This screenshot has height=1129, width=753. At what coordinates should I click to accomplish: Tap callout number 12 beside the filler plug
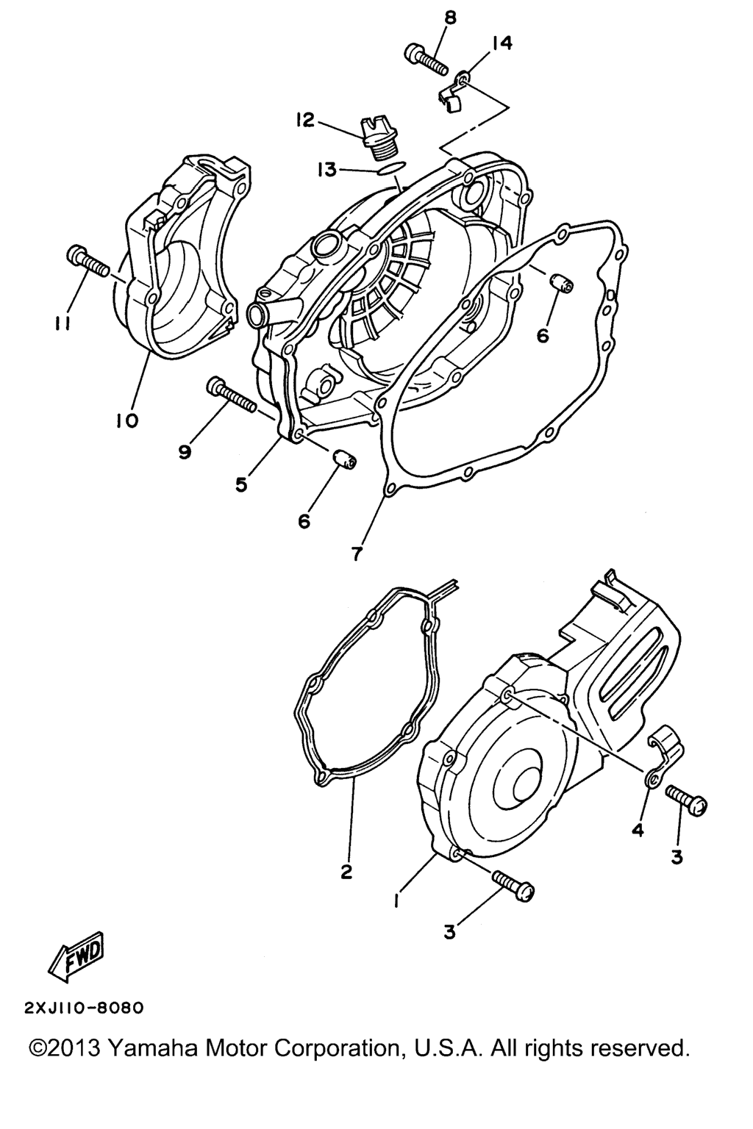[x=306, y=120]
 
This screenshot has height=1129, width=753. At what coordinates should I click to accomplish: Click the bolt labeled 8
[x=426, y=60]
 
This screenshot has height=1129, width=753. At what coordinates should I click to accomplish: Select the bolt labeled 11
[x=88, y=262]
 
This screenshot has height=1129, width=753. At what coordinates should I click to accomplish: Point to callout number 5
[x=242, y=484]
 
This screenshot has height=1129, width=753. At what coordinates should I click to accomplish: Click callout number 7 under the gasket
[x=357, y=554]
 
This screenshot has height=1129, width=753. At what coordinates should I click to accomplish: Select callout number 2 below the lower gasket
[x=346, y=872]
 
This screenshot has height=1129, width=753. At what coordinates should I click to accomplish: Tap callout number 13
[x=326, y=170]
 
